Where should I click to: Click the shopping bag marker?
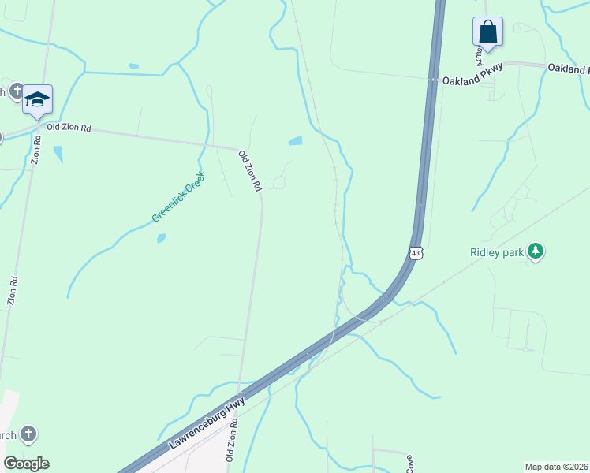pyautogui.click(x=488, y=32)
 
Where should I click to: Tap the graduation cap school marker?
pyautogui.click(x=37, y=99)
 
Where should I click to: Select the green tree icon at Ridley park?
pyautogui.click(x=536, y=251)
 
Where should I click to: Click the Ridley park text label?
pyautogui.click(x=497, y=252)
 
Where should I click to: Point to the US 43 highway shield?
pyautogui.click(x=416, y=252)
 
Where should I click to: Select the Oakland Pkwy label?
pyautogui.click(x=472, y=80)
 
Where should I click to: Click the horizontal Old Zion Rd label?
pyautogui.click(x=69, y=127)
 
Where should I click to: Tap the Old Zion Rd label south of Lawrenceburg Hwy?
pyautogui.click(x=231, y=441)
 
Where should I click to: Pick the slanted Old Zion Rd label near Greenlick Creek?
pyautogui.click(x=249, y=171)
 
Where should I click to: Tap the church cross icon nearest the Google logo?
pyautogui.click(x=28, y=434)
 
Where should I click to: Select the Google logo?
pyautogui.click(x=26, y=463)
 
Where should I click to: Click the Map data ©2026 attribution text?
pyautogui.click(x=557, y=467)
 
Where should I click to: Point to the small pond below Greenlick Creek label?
pyautogui.click(x=161, y=238)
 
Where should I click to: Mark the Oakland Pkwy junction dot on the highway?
pyautogui.click(x=433, y=79)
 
